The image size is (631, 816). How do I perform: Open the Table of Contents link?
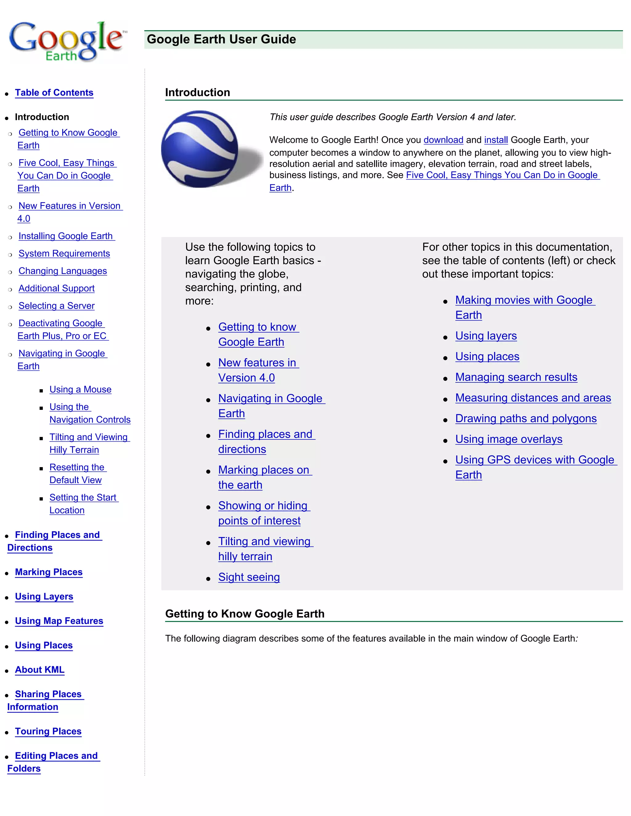click(x=54, y=93)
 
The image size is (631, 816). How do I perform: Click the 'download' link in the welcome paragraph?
click(x=443, y=140)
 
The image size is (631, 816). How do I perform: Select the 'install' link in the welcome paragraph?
click(x=496, y=140)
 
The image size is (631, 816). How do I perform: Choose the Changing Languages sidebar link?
click(x=63, y=271)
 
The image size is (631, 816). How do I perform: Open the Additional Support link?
click(x=56, y=289)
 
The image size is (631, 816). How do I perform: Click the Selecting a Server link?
click(x=56, y=306)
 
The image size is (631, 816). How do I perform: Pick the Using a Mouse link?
click(x=80, y=390)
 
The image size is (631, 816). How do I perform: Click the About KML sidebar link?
click(x=40, y=670)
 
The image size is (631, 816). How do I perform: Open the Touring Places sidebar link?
click(x=48, y=732)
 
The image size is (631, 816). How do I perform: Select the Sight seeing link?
click(x=249, y=577)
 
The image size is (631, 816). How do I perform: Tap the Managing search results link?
click(x=516, y=378)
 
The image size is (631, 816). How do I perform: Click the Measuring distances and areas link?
click(x=533, y=398)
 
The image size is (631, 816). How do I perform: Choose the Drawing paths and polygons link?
click(x=526, y=419)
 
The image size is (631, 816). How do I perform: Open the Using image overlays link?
click(x=508, y=439)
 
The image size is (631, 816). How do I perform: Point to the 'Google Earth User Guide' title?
click(x=221, y=39)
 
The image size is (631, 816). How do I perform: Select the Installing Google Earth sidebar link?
click(x=66, y=236)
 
